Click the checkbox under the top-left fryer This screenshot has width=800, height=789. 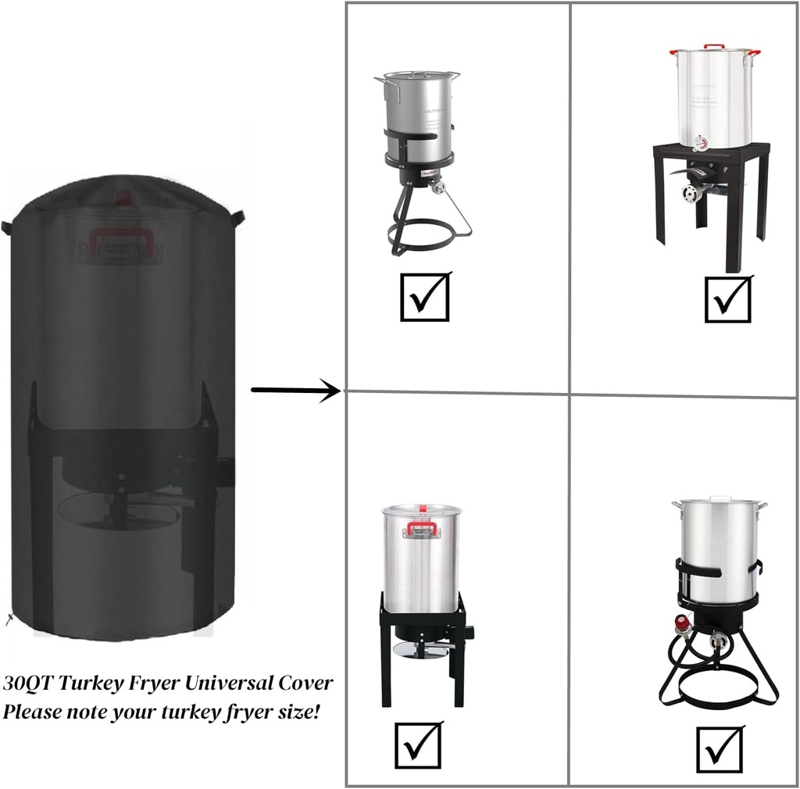pos(425,296)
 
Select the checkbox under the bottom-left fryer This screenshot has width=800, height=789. pos(419,745)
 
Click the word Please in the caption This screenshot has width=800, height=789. pos(31,712)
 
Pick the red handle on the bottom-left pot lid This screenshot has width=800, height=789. pos(421,529)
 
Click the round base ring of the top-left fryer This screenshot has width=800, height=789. pos(422,235)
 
